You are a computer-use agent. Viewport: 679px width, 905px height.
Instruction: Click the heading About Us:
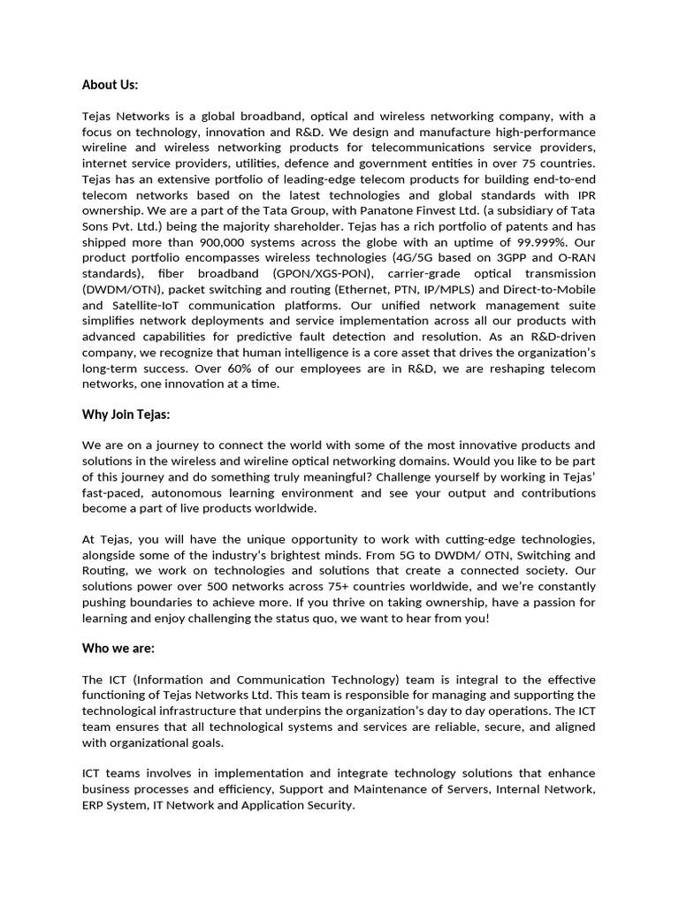pyautogui.click(x=111, y=85)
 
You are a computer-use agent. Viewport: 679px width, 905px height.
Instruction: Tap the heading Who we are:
pyautogui.click(x=118, y=648)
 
